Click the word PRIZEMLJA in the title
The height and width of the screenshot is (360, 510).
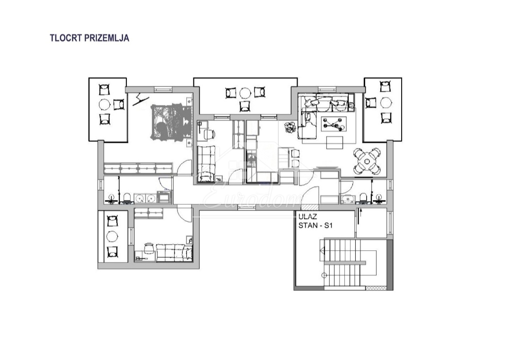point(107,38)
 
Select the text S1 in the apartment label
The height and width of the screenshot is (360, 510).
point(328,225)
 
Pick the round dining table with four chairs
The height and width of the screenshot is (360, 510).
point(367,161)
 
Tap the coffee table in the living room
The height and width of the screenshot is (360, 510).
point(334,124)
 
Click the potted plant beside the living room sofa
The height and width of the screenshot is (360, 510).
point(290,127)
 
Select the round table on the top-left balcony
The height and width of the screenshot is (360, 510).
point(105,105)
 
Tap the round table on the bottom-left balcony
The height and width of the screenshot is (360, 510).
point(112,236)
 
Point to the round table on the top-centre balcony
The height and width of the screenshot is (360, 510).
point(245,93)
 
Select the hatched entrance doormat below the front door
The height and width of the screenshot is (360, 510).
point(309,207)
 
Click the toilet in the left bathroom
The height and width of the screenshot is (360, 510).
point(126,198)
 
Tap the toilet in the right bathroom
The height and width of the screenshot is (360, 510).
point(363,198)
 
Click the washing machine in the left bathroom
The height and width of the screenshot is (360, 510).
point(163,197)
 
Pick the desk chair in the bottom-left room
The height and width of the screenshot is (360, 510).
point(149,248)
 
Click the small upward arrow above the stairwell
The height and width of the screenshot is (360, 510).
point(360,216)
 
